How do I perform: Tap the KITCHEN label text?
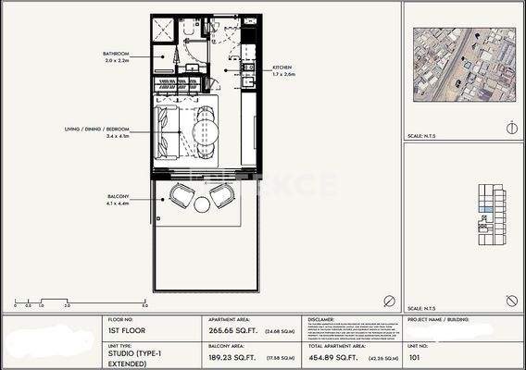click(282, 68)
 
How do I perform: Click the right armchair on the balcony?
click(222, 195)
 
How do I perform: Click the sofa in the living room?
click(169, 131)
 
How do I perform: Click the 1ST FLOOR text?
click(125, 330)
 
